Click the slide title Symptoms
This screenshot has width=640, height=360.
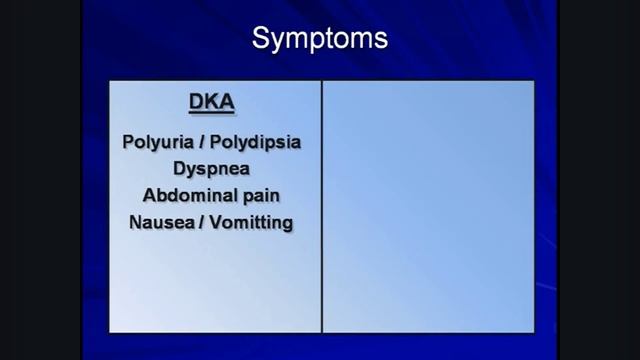click(319, 40)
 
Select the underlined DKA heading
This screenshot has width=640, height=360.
click(211, 102)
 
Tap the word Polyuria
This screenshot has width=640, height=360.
click(155, 142)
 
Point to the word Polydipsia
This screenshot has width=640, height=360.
click(256, 142)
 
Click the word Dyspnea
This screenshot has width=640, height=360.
click(211, 168)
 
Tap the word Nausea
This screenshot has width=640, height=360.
click(160, 222)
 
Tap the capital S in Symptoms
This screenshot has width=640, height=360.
click(260, 40)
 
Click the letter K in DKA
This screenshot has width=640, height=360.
click(211, 102)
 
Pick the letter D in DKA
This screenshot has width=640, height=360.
click(196, 102)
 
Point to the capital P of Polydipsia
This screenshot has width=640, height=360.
click(215, 142)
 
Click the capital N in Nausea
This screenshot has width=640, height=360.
click(136, 222)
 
